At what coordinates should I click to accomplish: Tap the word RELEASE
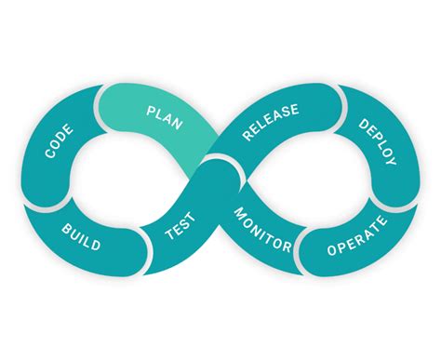pyautogui.click(x=271, y=123)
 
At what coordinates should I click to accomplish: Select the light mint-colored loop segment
pyautogui.click(x=158, y=126)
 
